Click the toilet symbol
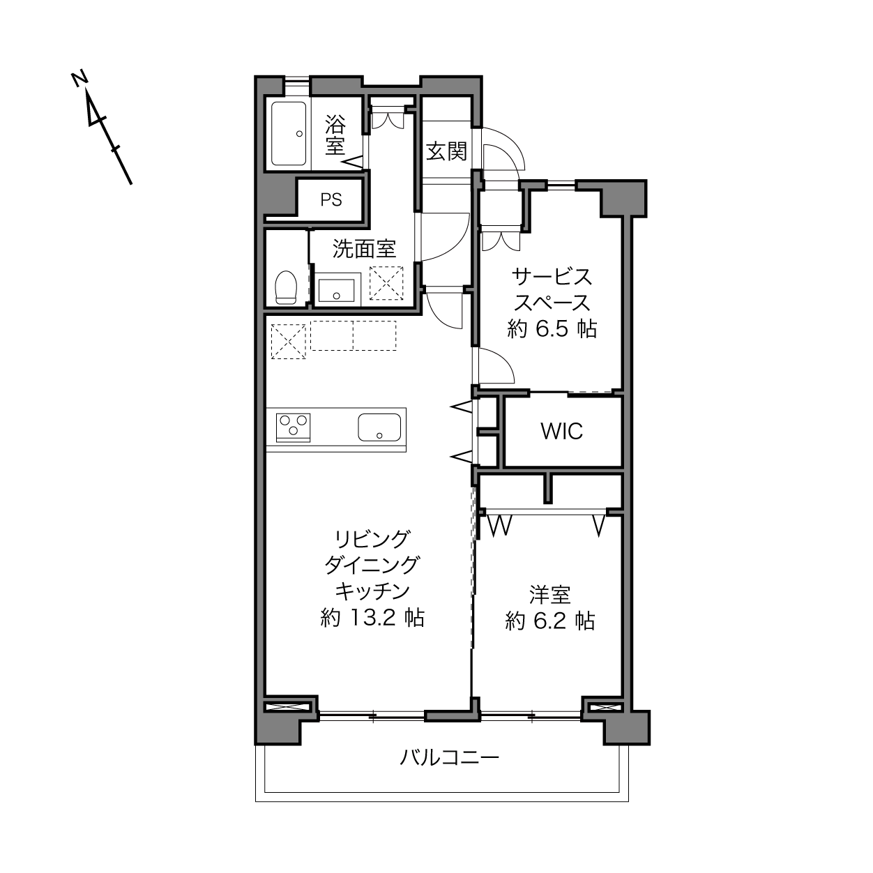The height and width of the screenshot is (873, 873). tap(286, 287)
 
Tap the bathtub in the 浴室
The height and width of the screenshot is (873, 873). tap(289, 134)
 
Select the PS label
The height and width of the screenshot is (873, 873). tap(331, 200)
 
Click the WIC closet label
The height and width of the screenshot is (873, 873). tap(562, 432)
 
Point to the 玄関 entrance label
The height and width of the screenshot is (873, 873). tap(447, 151)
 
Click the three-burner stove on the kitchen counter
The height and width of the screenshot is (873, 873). tap(293, 427)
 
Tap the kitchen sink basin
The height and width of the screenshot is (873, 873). tap(379, 427)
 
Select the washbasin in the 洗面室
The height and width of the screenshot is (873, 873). tap(336, 290)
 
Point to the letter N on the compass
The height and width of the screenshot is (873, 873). tap(79, 79)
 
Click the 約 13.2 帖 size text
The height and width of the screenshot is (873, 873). tap(372, 617)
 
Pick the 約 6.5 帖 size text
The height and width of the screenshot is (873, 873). tap(552, 328)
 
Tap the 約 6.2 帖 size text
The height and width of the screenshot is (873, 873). tap(550, 621)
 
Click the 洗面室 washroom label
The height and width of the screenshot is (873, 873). tap(365, 249)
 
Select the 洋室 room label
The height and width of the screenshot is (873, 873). tap(550, 595)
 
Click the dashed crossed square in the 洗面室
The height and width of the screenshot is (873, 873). tap(386, 282)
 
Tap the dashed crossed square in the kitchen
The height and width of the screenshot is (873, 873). tap(289, 342)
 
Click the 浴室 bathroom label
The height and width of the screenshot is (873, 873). tap(335, 135)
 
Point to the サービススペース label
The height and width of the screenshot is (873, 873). tap(552, 289)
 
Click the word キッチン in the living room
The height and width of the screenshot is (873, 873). tap(372, 591)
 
